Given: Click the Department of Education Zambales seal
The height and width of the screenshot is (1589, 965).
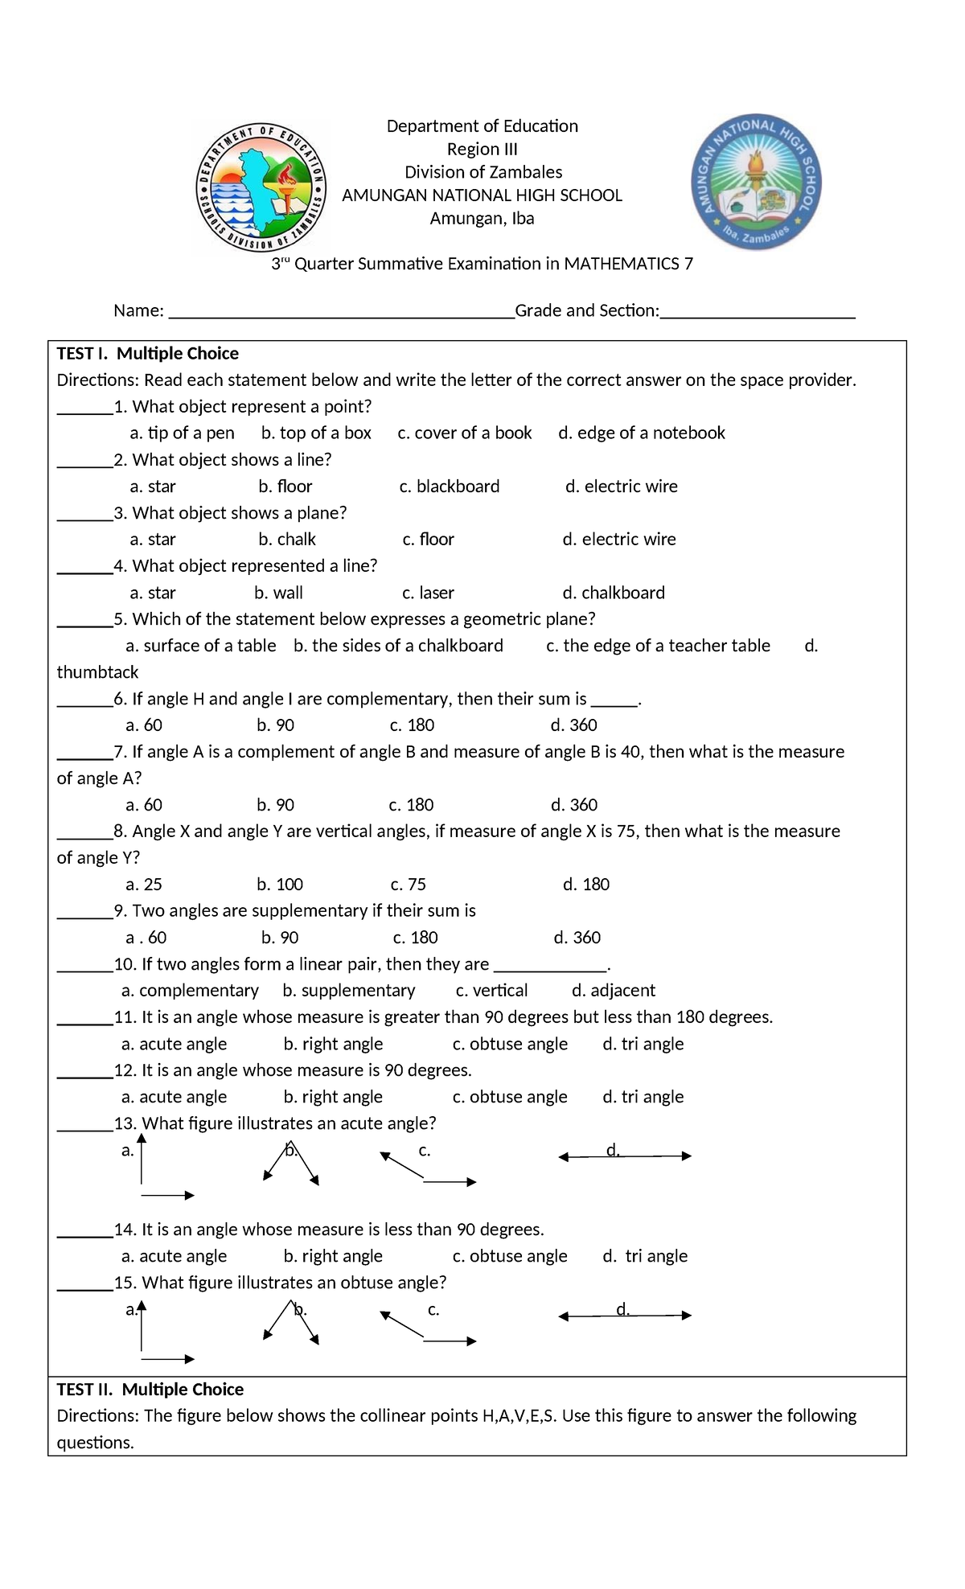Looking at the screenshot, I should click(x=262, y=188).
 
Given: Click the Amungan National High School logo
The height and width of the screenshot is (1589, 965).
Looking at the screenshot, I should click(x=756, y=183).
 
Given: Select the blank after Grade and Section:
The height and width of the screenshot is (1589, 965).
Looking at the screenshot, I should click(x=757, y=312).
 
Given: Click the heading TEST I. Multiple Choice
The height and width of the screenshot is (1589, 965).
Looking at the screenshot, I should click(x=147, y=354).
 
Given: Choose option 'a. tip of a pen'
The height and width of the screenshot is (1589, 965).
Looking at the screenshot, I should click(x=182, y=433).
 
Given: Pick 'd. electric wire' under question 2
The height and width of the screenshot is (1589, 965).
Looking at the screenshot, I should click(x=621, y=487).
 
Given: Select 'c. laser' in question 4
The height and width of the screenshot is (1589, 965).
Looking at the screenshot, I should click(x=428, y=593).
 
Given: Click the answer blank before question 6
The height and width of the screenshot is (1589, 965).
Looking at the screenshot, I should click(x=84, y=700).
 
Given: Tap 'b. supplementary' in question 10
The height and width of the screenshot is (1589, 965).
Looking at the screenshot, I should click(x=349, y=991).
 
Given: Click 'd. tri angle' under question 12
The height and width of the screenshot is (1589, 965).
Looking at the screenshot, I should click(x=643, y=1097).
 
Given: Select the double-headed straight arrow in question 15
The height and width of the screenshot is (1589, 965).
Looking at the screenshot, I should click(x=625, y=1316).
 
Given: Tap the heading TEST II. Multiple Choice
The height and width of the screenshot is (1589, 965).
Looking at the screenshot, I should click(x=150, y=1390).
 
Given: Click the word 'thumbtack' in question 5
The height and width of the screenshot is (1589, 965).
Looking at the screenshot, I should click(x=97, y=673).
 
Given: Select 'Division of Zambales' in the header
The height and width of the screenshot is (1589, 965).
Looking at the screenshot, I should click(x=482, y=173).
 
